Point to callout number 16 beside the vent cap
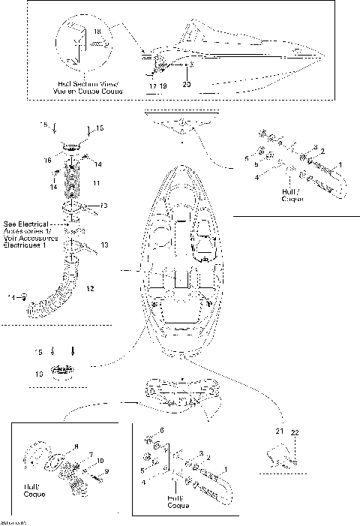[x=46, y=160]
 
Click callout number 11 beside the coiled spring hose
[x=94, y=182]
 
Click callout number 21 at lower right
[x=279, y=432]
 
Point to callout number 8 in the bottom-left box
[x=75, y=447]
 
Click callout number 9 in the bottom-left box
[x=106, y=470]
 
